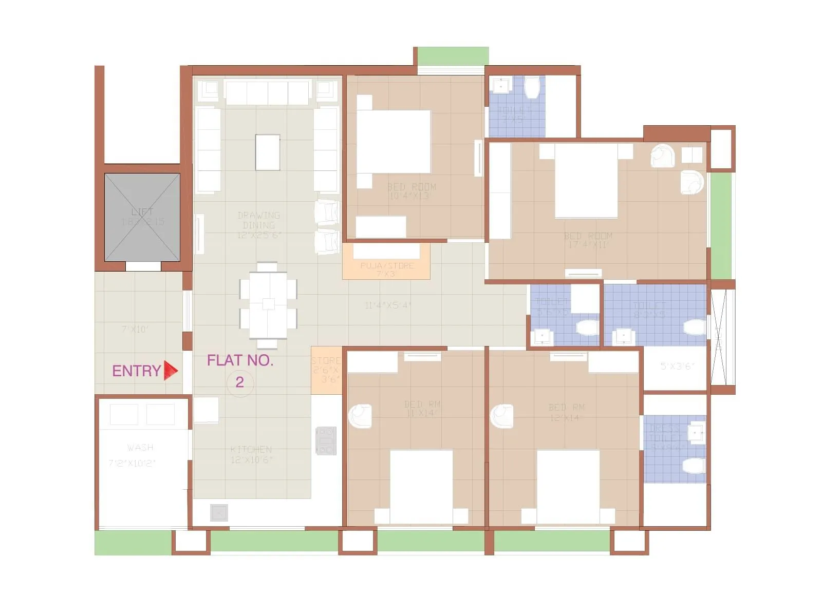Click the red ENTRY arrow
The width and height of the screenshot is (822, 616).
[x=170, y=370]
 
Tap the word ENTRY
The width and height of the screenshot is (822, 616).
[x=136, y=371]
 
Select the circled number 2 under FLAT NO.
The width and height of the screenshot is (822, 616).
[x=240, y=382]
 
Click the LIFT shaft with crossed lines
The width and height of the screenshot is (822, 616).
[x=142, y=217]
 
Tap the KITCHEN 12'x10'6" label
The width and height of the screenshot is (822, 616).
[x=251, y=454]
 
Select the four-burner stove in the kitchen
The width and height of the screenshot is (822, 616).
[x=326, y=440]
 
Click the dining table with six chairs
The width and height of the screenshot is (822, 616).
[x=268, y=305]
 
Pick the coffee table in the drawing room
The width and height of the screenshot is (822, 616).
[x=268, y=152]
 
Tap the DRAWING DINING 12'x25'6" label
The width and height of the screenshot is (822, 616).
[x=259, y=225]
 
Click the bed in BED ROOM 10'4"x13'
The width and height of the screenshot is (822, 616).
[x=394, y=141]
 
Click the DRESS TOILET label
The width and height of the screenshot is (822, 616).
[x=665, y=437]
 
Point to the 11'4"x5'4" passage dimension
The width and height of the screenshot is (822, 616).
[x=388, y=305]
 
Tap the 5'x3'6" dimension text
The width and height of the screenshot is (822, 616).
[x=677, y=366]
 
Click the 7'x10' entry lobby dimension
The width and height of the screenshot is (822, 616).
[x=135, y=329]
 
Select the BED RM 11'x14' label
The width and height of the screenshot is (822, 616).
[x=422, y=409]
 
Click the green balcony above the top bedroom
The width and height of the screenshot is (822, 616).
[x=453, y=55]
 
